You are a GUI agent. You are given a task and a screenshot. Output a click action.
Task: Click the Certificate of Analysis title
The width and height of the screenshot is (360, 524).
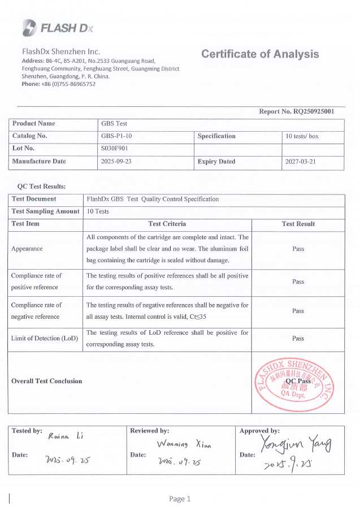(260, 54)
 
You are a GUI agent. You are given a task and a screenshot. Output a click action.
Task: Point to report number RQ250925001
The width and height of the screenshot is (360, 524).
(314, 111)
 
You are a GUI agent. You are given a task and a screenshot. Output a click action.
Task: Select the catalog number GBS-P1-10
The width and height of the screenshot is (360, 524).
(117, 136)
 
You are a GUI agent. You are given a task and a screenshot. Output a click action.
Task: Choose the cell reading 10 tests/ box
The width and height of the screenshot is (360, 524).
(302, 136)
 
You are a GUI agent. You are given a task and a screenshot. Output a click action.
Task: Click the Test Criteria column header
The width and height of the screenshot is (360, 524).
(167, 224)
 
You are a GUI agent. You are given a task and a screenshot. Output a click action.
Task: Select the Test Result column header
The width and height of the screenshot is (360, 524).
(298, 224)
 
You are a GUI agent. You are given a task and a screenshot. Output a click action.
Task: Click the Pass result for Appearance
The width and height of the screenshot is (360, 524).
(298, 249)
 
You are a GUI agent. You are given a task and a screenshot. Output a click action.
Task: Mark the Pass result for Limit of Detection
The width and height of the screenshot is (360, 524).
(298, 339)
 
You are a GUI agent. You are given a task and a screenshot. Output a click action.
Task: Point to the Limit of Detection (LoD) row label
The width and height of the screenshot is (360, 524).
(45, 339)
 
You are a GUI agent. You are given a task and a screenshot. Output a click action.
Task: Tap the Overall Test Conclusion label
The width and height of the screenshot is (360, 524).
(47, 382)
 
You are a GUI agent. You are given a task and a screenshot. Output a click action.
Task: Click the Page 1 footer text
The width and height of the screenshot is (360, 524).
(180, 499)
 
